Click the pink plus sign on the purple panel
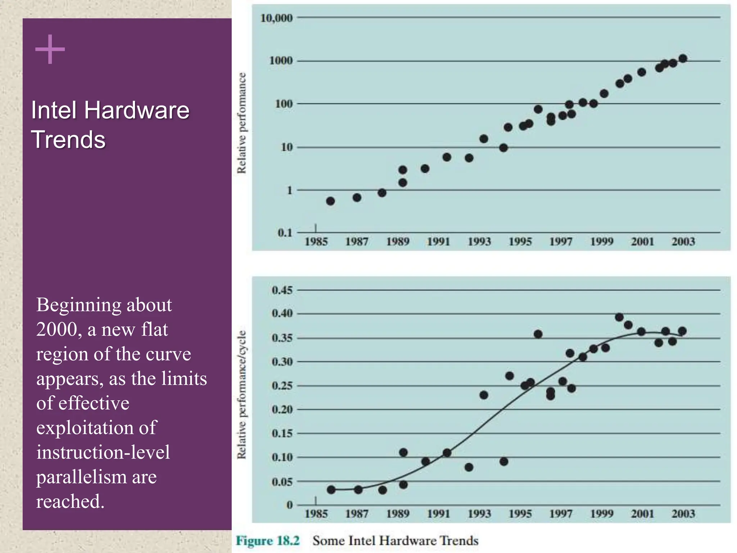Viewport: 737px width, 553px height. (50, 49)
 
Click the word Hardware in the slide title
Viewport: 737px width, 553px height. (137, 110)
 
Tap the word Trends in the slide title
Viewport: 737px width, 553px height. (68, 140)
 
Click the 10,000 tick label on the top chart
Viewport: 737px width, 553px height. (276, 18)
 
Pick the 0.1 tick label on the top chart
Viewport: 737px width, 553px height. (285, 233)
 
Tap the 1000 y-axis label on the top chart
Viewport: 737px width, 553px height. (281, 60)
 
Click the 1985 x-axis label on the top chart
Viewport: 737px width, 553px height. (316, 242)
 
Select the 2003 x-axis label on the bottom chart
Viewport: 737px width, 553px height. (683, 514)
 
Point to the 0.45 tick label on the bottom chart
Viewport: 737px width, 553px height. (282, 290)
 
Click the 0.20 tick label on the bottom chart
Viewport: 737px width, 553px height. (282, 409)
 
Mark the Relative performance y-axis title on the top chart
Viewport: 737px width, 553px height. (242, 123)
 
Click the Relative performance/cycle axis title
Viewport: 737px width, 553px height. (242, 395)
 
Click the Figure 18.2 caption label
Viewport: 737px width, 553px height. (267, 541)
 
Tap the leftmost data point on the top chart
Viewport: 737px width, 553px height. (330, 201)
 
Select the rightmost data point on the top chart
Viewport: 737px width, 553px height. (683, 59)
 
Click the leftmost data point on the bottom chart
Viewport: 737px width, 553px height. (331, 490)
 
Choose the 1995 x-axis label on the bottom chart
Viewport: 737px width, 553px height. (520, 514)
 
